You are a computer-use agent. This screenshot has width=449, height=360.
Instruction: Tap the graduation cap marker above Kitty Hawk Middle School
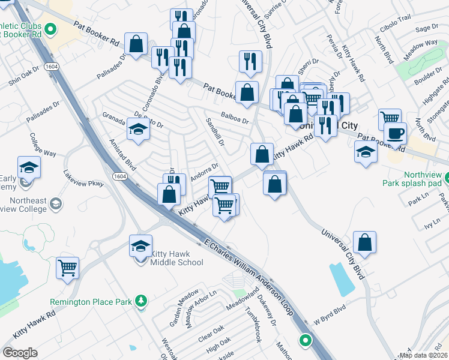(x=140, y=246)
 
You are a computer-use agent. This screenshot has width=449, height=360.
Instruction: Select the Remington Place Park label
(x=91, y=301)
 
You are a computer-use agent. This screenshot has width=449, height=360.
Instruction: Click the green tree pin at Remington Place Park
(x=141, y=300)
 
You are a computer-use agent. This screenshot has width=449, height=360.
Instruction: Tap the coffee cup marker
(x=396, y=133)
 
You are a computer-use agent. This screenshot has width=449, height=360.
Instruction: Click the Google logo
(x=20, y=353)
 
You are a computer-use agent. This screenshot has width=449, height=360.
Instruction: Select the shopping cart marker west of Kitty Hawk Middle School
(x=68, y=268)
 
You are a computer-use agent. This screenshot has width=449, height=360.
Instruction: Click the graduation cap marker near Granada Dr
(x=138, y=129)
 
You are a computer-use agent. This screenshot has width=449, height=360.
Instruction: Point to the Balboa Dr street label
(x=234, y=120)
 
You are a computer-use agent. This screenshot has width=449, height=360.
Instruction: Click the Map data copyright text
(x=423, y=355)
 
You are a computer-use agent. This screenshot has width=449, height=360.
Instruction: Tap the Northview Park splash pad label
(x=414, y=178)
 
